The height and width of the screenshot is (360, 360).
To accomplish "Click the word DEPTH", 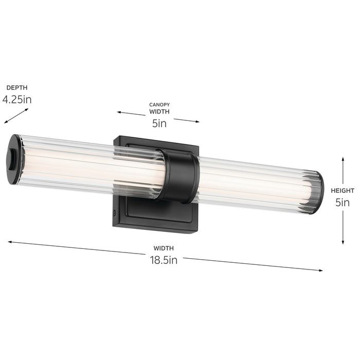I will coord(16,88).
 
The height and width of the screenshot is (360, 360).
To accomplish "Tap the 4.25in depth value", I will coord(16,99).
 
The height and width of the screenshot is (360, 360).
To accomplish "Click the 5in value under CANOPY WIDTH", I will coord(159,123).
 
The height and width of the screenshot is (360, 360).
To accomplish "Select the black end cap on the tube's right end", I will coord(319,193).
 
